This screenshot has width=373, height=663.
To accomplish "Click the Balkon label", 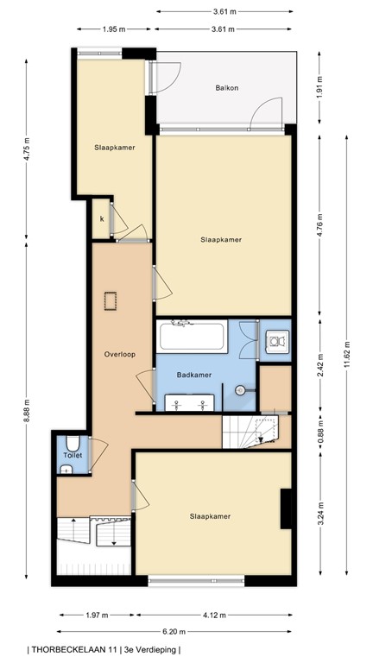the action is (227, 88).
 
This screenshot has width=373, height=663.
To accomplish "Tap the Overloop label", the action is (120, 354).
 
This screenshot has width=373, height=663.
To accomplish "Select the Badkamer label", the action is (194, 375).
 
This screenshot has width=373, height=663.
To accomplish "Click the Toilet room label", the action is (73, 456).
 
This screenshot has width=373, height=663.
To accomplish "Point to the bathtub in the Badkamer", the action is (192, 336).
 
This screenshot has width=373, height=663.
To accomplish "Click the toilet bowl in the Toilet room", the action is (73, 443).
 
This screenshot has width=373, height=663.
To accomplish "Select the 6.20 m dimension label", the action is (174, 632).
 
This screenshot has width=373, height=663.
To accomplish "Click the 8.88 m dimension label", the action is (27, 411).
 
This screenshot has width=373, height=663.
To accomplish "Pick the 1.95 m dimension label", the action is (114, 29).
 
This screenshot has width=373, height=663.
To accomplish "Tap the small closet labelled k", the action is (102, 219).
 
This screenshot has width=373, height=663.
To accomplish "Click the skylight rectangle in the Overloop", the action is (111, 301).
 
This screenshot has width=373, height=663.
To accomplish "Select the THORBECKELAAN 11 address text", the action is (74, 649).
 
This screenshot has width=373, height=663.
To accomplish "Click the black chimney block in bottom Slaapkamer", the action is (286, 508).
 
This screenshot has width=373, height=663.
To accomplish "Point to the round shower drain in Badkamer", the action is (241, 390).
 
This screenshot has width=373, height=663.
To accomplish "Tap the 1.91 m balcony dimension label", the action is (320, 88).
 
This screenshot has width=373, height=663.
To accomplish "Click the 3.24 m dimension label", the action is (320, 514).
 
